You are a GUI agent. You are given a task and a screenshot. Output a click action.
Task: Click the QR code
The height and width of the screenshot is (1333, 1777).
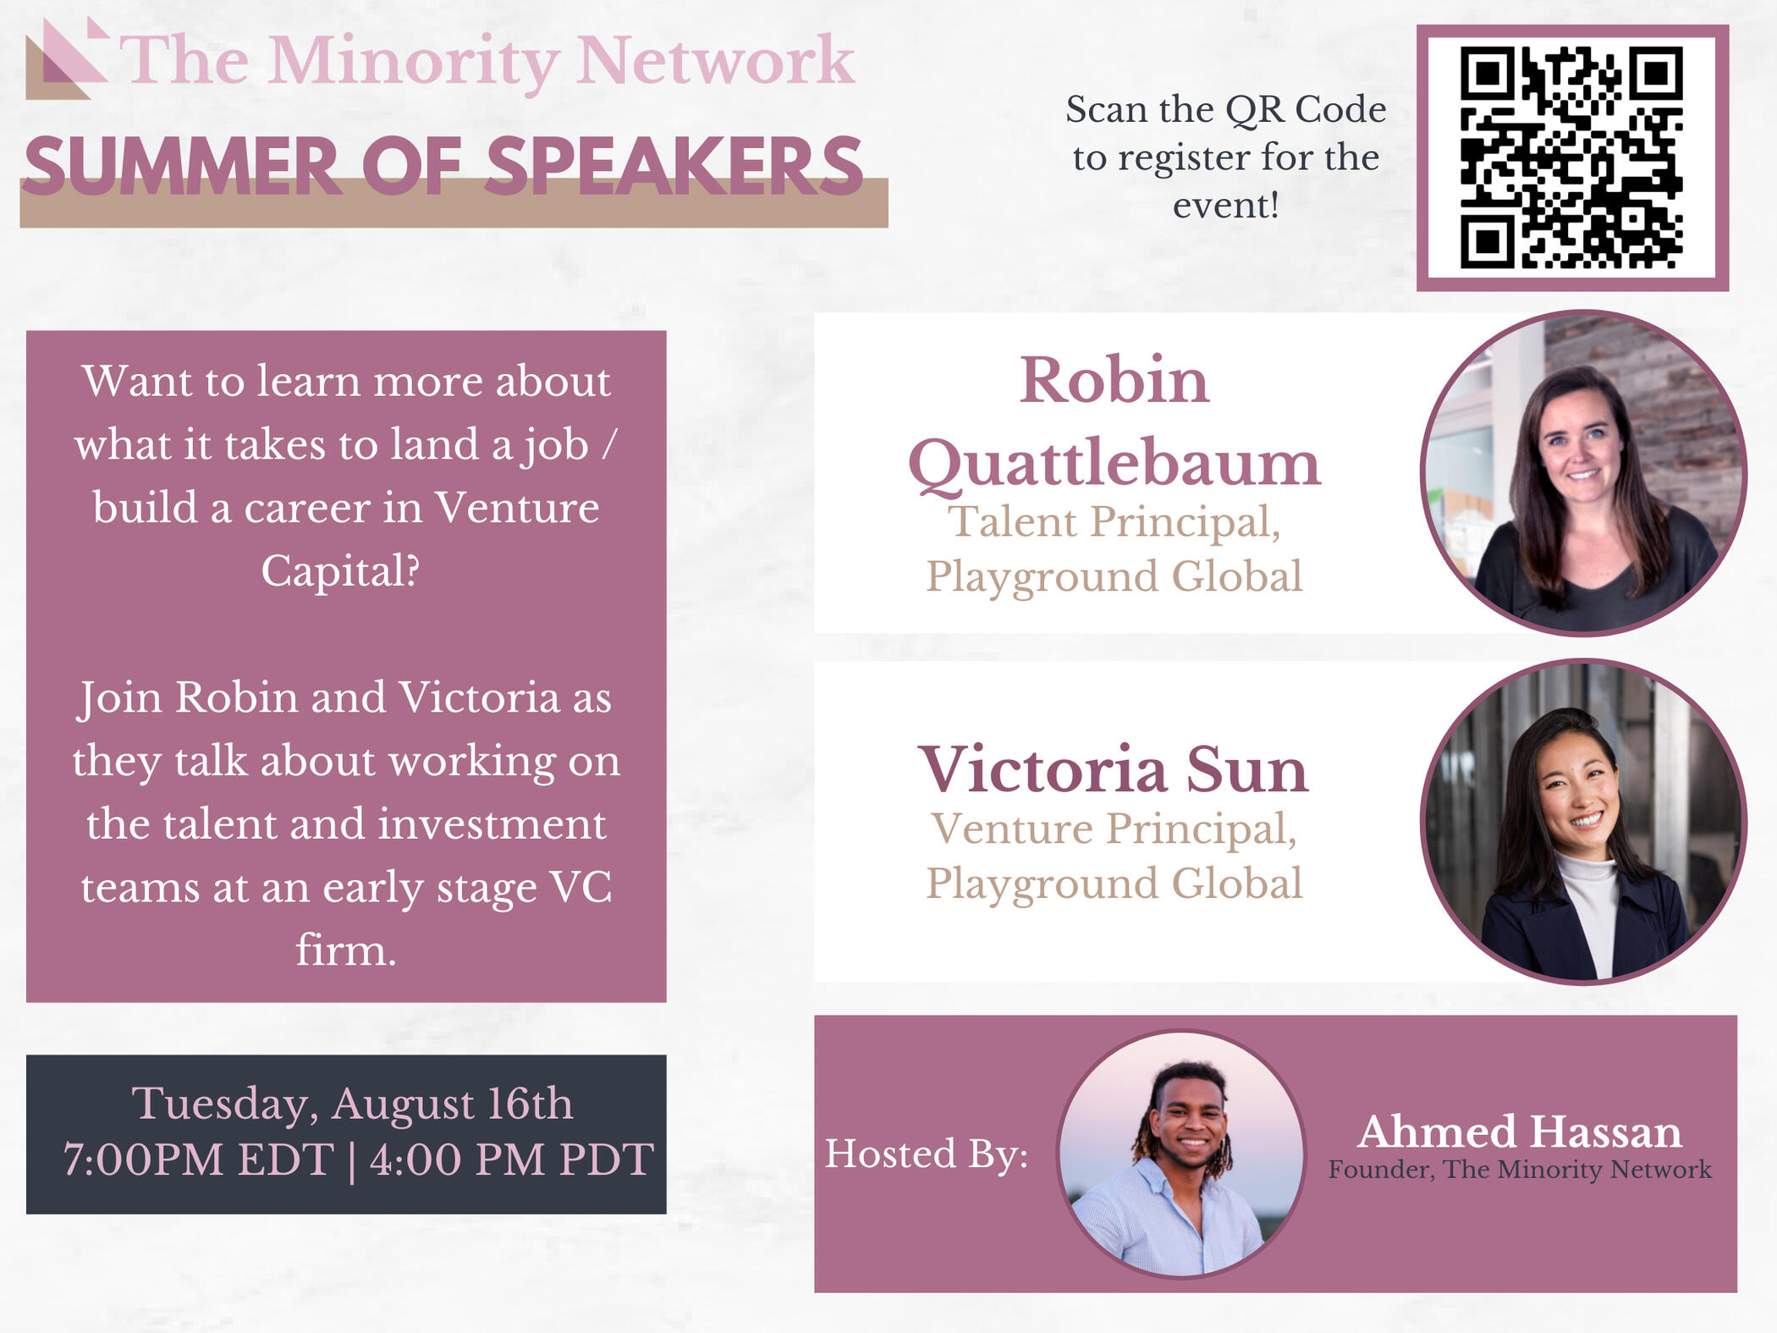tap(1571, 157)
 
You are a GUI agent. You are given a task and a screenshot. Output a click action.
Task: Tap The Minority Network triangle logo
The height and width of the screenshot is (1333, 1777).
tap(67, 58)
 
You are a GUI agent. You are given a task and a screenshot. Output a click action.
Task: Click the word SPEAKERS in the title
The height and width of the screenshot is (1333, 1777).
tap(674, 166)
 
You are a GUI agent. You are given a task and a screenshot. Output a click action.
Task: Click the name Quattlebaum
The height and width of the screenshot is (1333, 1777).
tap(1114, 465)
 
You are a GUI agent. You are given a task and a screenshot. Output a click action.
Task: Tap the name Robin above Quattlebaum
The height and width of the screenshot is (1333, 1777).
tap(1114, 380)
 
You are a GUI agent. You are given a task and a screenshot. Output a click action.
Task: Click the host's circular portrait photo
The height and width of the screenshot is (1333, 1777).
tap(1182, 1154)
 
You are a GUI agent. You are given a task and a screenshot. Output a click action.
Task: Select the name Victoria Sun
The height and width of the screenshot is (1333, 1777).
tap(1114, 769)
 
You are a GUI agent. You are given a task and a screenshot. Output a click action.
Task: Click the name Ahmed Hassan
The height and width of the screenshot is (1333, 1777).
tap(1520, 1132)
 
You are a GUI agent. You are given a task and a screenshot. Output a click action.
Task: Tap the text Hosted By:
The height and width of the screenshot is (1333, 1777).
tap(927, 1154)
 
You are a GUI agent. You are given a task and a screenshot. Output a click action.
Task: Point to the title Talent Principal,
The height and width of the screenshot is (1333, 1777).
tap(1114, 521)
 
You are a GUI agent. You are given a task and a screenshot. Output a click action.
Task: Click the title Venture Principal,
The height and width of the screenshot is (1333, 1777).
tap(1114, 829)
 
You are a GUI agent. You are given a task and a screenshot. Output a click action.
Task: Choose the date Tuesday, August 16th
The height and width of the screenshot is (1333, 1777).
tap(352, 1104)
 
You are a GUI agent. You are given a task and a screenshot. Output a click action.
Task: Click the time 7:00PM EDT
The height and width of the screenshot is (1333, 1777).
tap(199, 1159)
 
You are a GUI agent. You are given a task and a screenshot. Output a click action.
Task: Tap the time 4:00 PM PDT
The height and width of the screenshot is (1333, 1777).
tap(512, 1159)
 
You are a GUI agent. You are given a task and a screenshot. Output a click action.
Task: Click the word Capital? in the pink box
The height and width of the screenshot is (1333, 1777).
tap(340, 571)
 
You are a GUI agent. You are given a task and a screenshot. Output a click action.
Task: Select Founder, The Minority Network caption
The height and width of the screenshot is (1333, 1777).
tap(1520, 1170)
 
